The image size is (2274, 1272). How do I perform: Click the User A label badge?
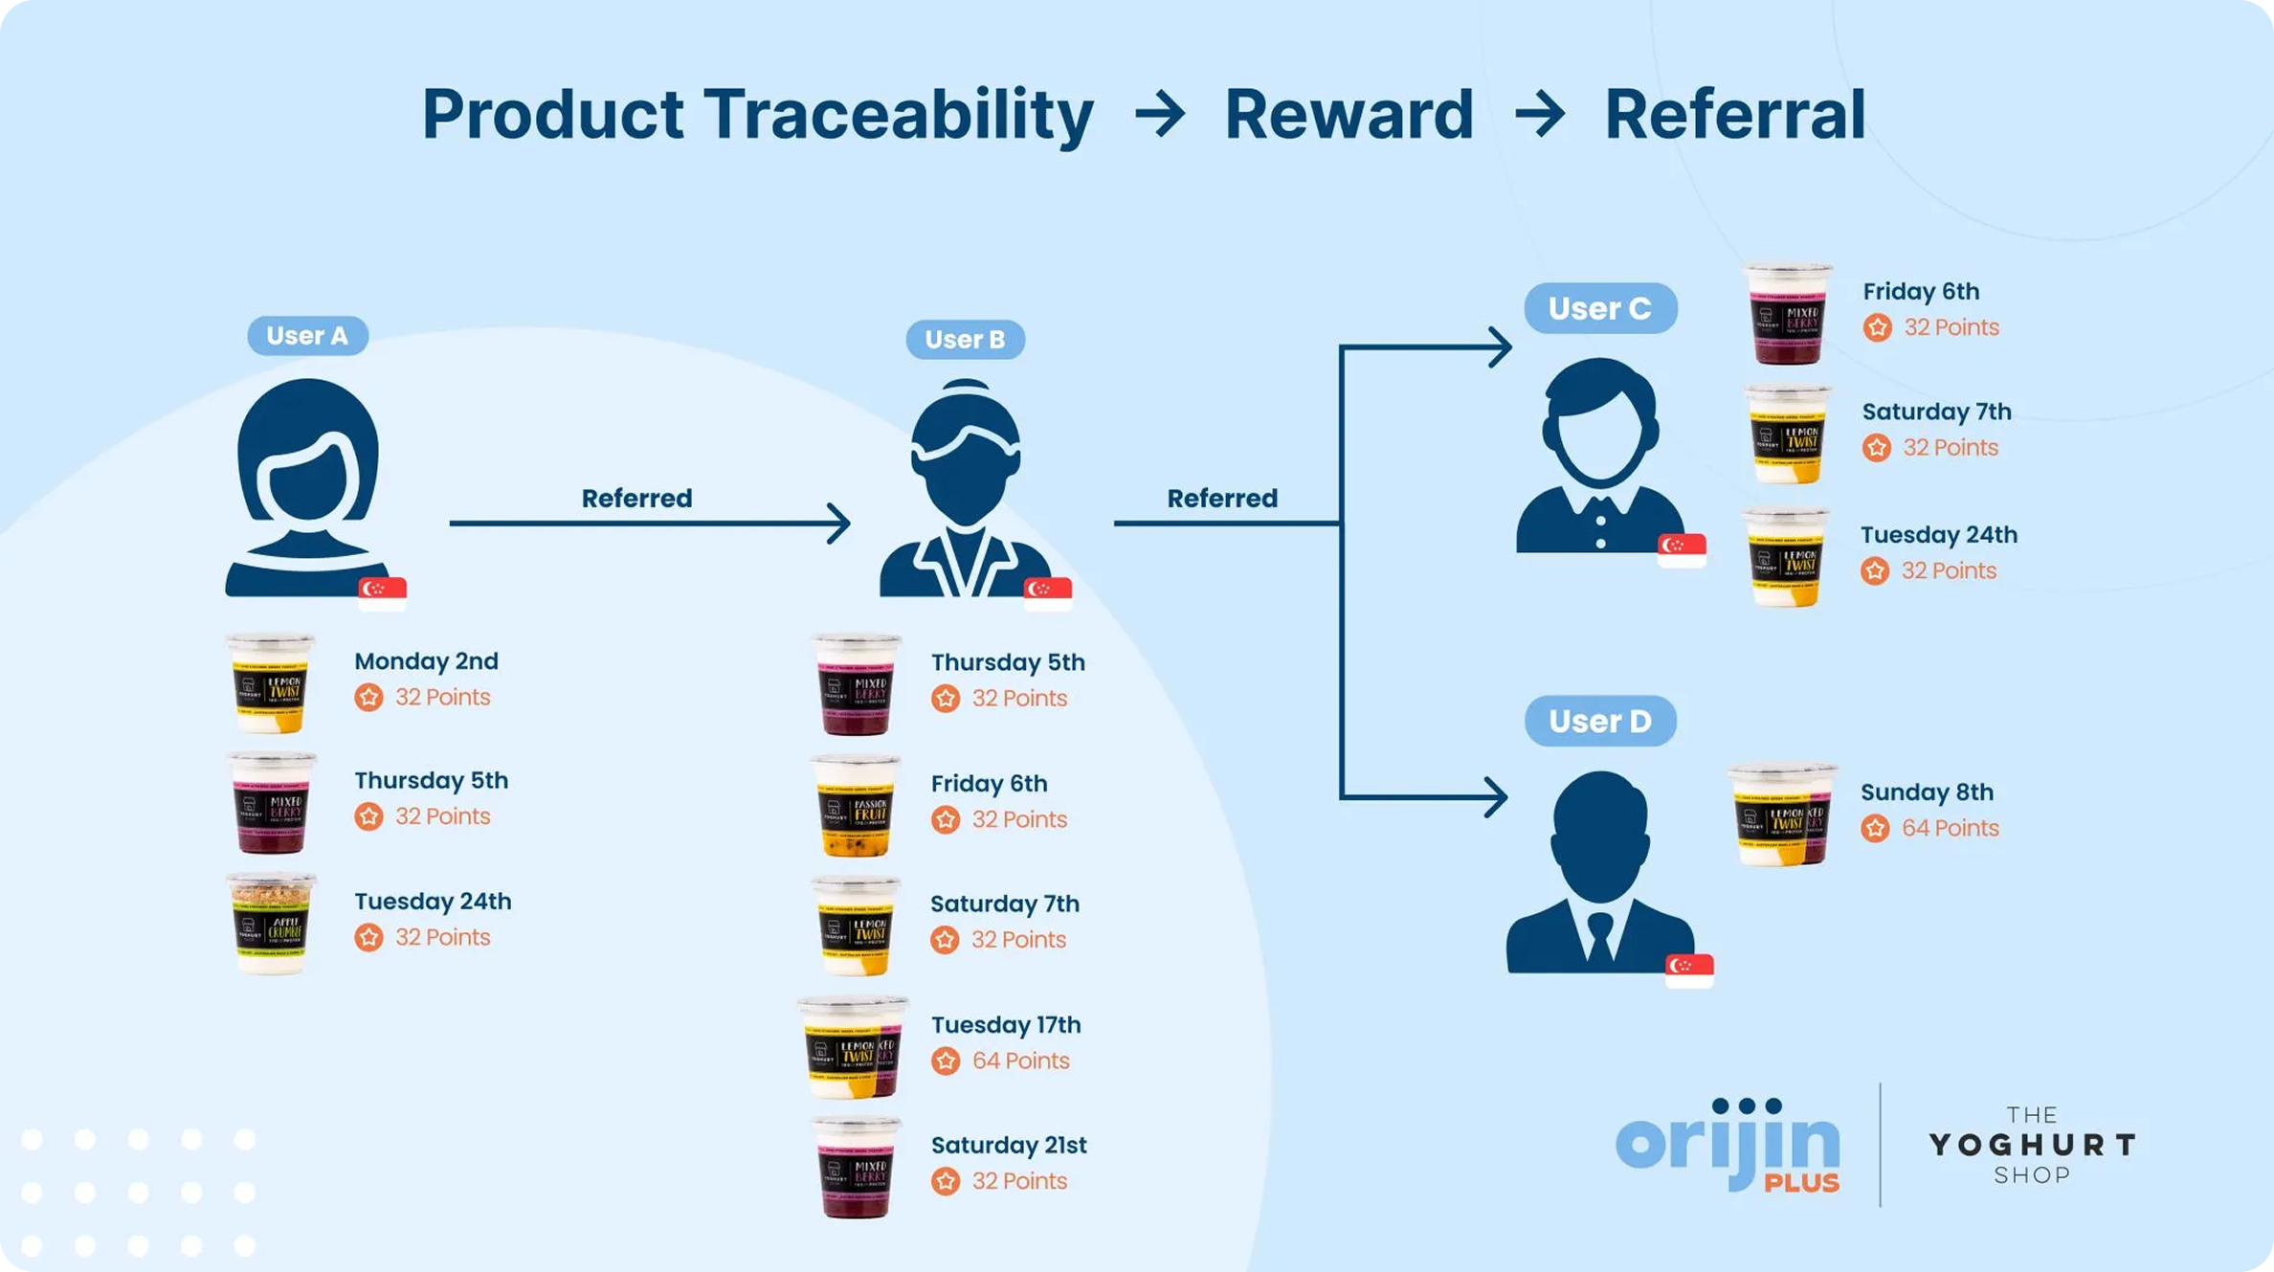point(307,336)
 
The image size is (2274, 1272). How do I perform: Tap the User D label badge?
point(1599,721)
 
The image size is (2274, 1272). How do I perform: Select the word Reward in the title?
point(1349,115)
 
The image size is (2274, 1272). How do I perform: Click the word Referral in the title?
point(1734,115)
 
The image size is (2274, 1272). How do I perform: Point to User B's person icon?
point(965,488)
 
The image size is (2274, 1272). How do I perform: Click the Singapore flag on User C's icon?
point(1682,548)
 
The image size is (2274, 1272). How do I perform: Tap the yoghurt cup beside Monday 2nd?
point(271,682)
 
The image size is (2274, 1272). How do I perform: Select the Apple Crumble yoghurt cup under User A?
point(271,923)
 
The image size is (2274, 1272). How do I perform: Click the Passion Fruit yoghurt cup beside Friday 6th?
point(856,805)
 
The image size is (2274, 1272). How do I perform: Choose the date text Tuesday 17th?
point(1006,1025)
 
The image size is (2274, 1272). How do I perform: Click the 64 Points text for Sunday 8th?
point(1950,828)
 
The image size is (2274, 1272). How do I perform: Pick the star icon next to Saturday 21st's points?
point(946,1181)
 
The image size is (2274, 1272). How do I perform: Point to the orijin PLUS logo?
point(1728,1146)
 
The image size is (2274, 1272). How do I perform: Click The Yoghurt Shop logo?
point(2031,1145)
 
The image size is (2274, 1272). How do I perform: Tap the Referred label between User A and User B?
point(636,499)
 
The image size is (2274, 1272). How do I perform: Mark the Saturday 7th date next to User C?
point(1936,412)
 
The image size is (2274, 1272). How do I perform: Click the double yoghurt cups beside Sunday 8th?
point(1782,815)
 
